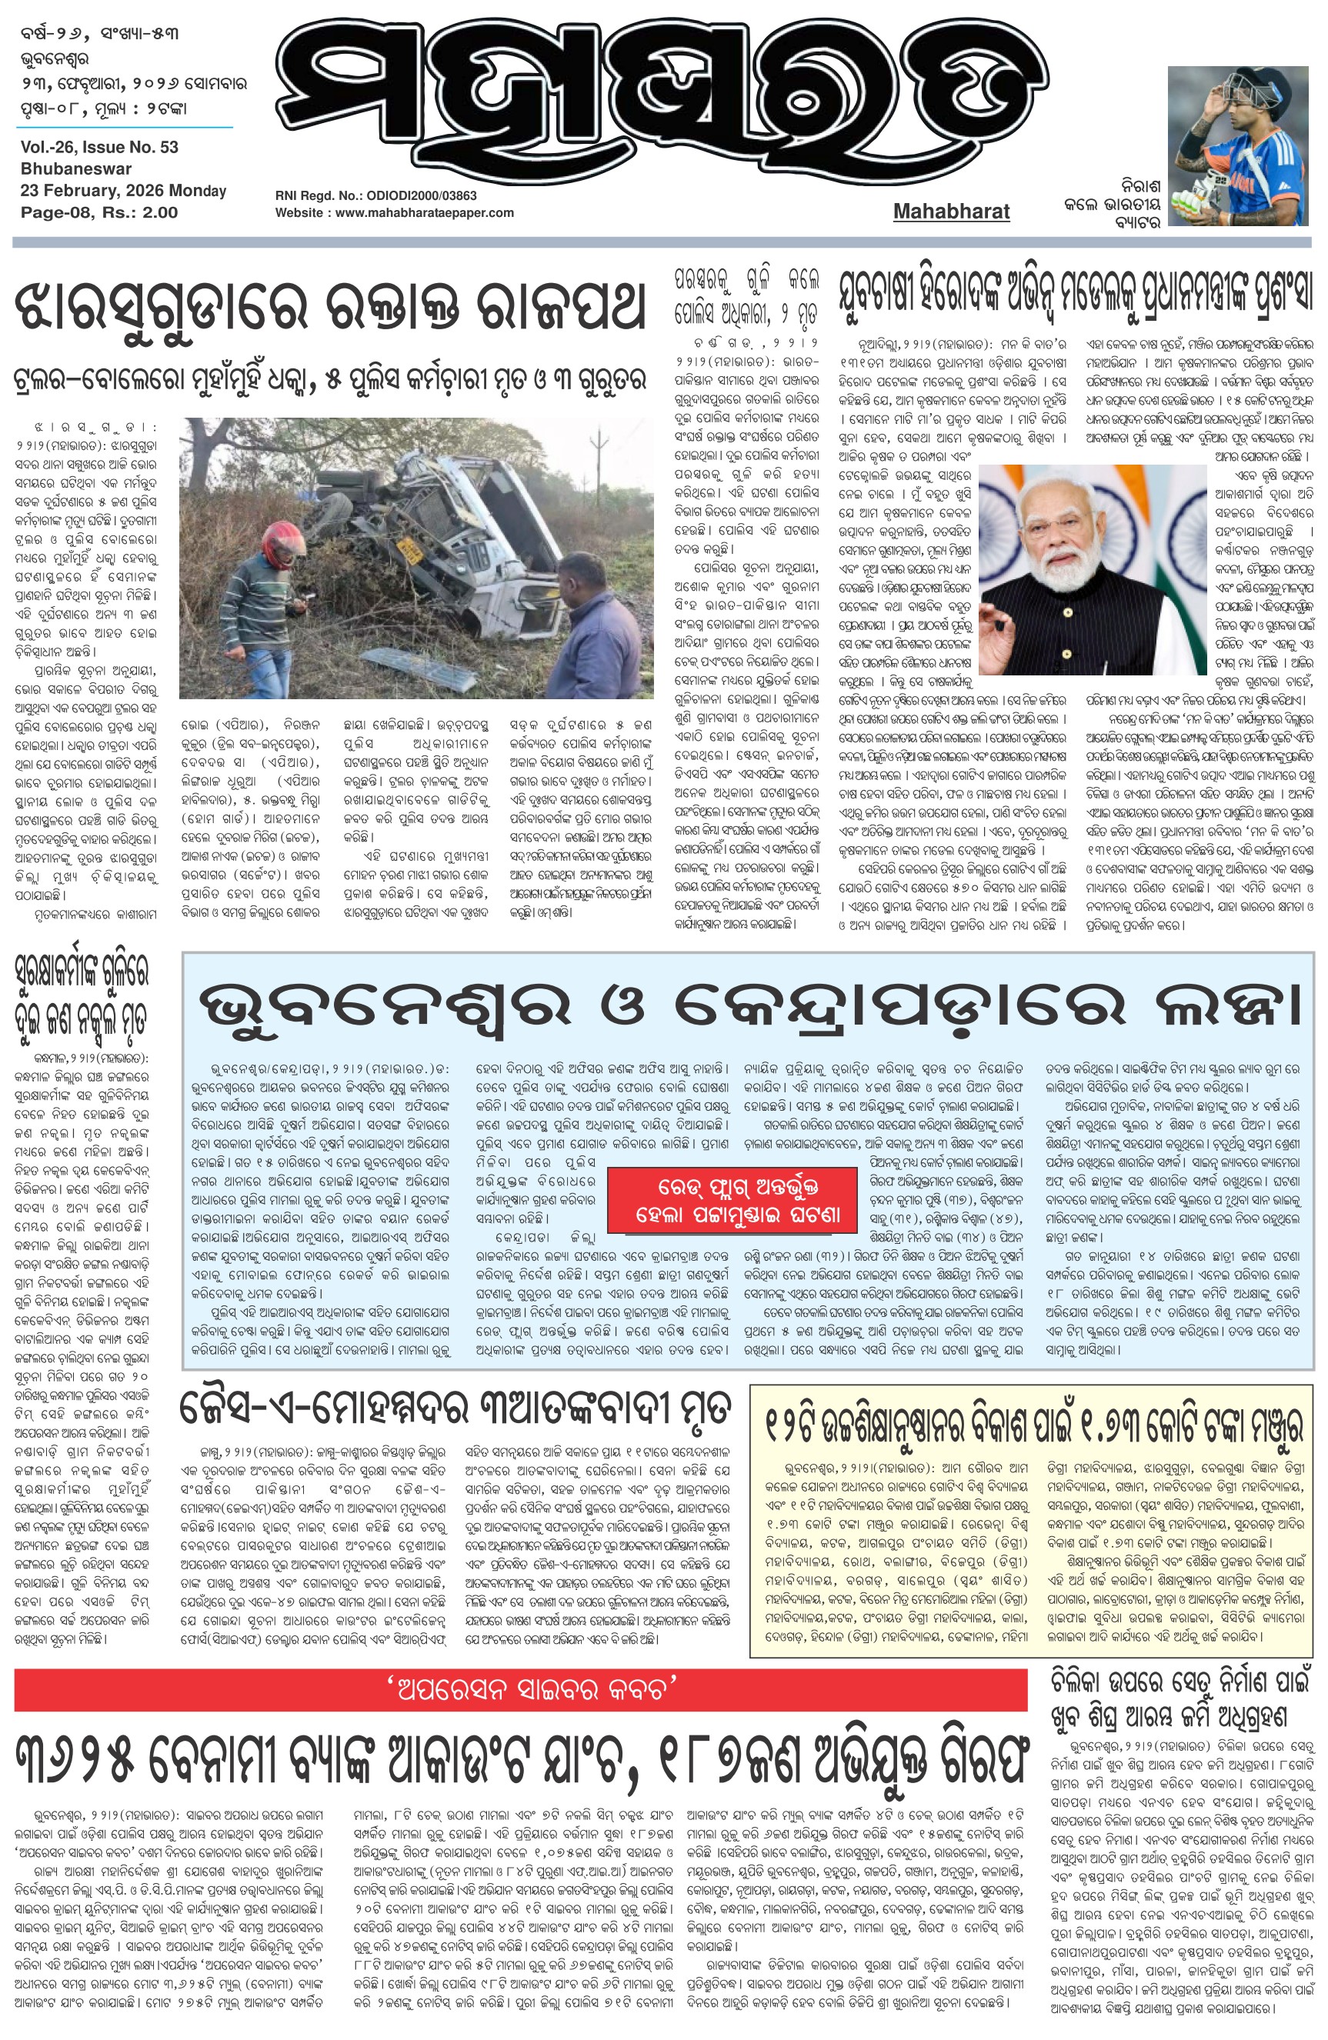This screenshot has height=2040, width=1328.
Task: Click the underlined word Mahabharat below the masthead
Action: pyautogui.click(x=951, y=211)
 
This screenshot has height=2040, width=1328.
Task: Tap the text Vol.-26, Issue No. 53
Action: pyautogui.click(x=99, y=147)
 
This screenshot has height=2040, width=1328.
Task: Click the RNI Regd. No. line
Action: pyautogui.click(x=375, y=195)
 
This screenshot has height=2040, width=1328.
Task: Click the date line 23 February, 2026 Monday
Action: pyautogui.click(x=123, y=190)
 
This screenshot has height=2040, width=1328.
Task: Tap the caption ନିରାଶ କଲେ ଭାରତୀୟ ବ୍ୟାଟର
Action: pyautogui.click(x=1111, y=204)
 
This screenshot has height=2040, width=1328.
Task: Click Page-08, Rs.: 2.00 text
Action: pyautogui.click(x=99, y=212)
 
